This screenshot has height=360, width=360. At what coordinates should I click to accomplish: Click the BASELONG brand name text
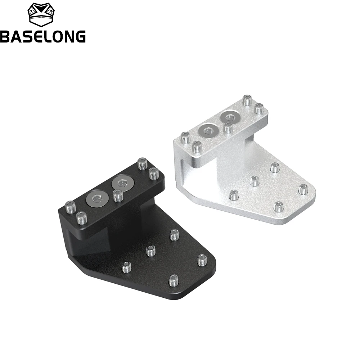[43, 36]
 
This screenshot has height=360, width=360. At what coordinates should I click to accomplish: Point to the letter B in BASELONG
[5, 36]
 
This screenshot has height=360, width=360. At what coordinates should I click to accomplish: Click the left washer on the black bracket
[97, 198]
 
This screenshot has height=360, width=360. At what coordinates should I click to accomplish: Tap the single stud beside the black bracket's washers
[118, 195]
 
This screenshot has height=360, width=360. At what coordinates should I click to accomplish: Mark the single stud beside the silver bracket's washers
[228, 128]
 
